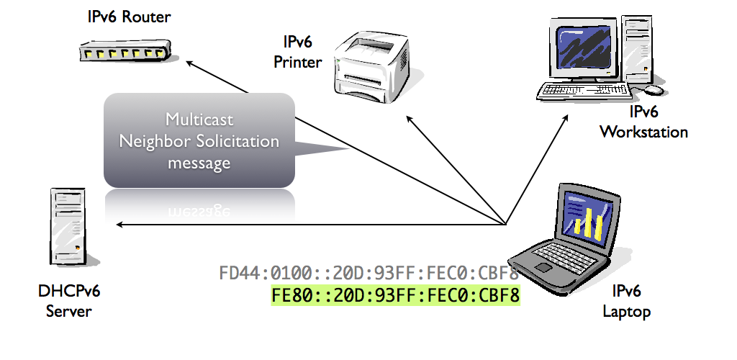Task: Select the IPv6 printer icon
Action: tap(368, 64)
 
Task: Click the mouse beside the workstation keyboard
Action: tap(653, 90)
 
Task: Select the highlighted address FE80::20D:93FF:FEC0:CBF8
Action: tap(395, 295)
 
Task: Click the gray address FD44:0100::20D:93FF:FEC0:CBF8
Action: tap(368, 274)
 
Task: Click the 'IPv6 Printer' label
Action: tap(297, 53)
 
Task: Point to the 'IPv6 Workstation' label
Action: tap(643, 122)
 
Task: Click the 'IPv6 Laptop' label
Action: tap(625, 302)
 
